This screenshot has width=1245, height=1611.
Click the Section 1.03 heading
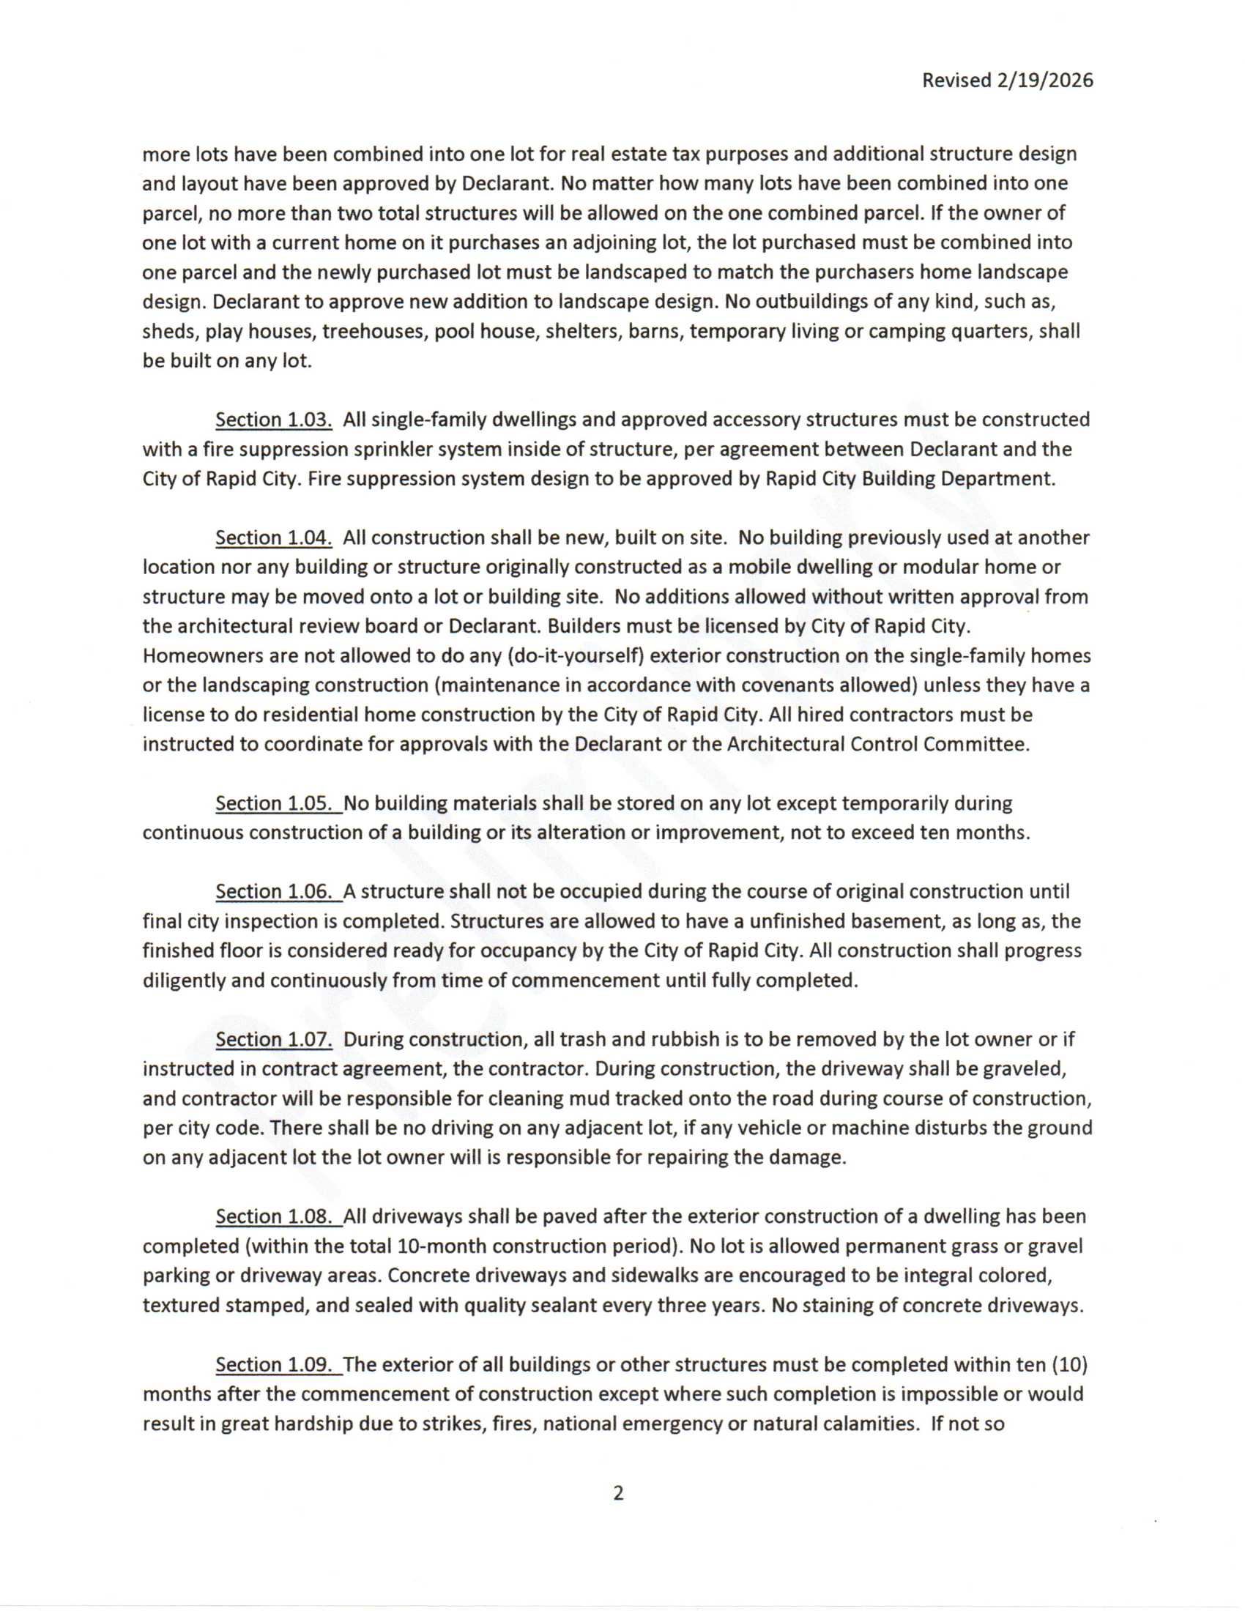point(274,420)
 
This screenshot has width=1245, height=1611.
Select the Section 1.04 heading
point(274,537)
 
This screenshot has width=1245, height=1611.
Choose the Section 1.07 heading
point(274,1039)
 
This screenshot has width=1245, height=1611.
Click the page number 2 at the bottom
point(618,1494)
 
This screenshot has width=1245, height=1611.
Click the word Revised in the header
point(956,81)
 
